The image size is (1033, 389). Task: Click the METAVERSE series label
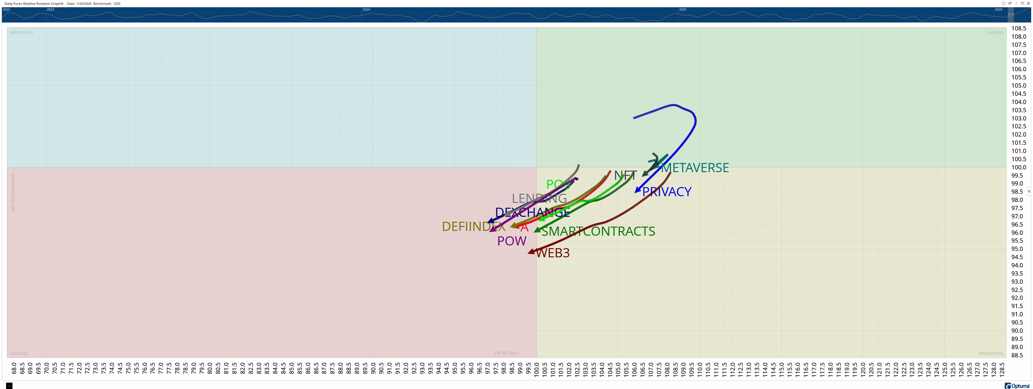pos(695,168)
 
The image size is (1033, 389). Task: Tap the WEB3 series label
pos(553,253)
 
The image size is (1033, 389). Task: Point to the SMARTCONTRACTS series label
pos(598,231)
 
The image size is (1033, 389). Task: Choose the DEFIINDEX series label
pos(473,227)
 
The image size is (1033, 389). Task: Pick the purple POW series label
pos(512,241)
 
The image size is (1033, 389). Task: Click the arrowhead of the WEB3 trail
pos(530,252)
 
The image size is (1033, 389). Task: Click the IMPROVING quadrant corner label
pos(21,33)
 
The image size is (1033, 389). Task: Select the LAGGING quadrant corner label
pos(19,353)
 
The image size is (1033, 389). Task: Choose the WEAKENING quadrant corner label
pos(991,353)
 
